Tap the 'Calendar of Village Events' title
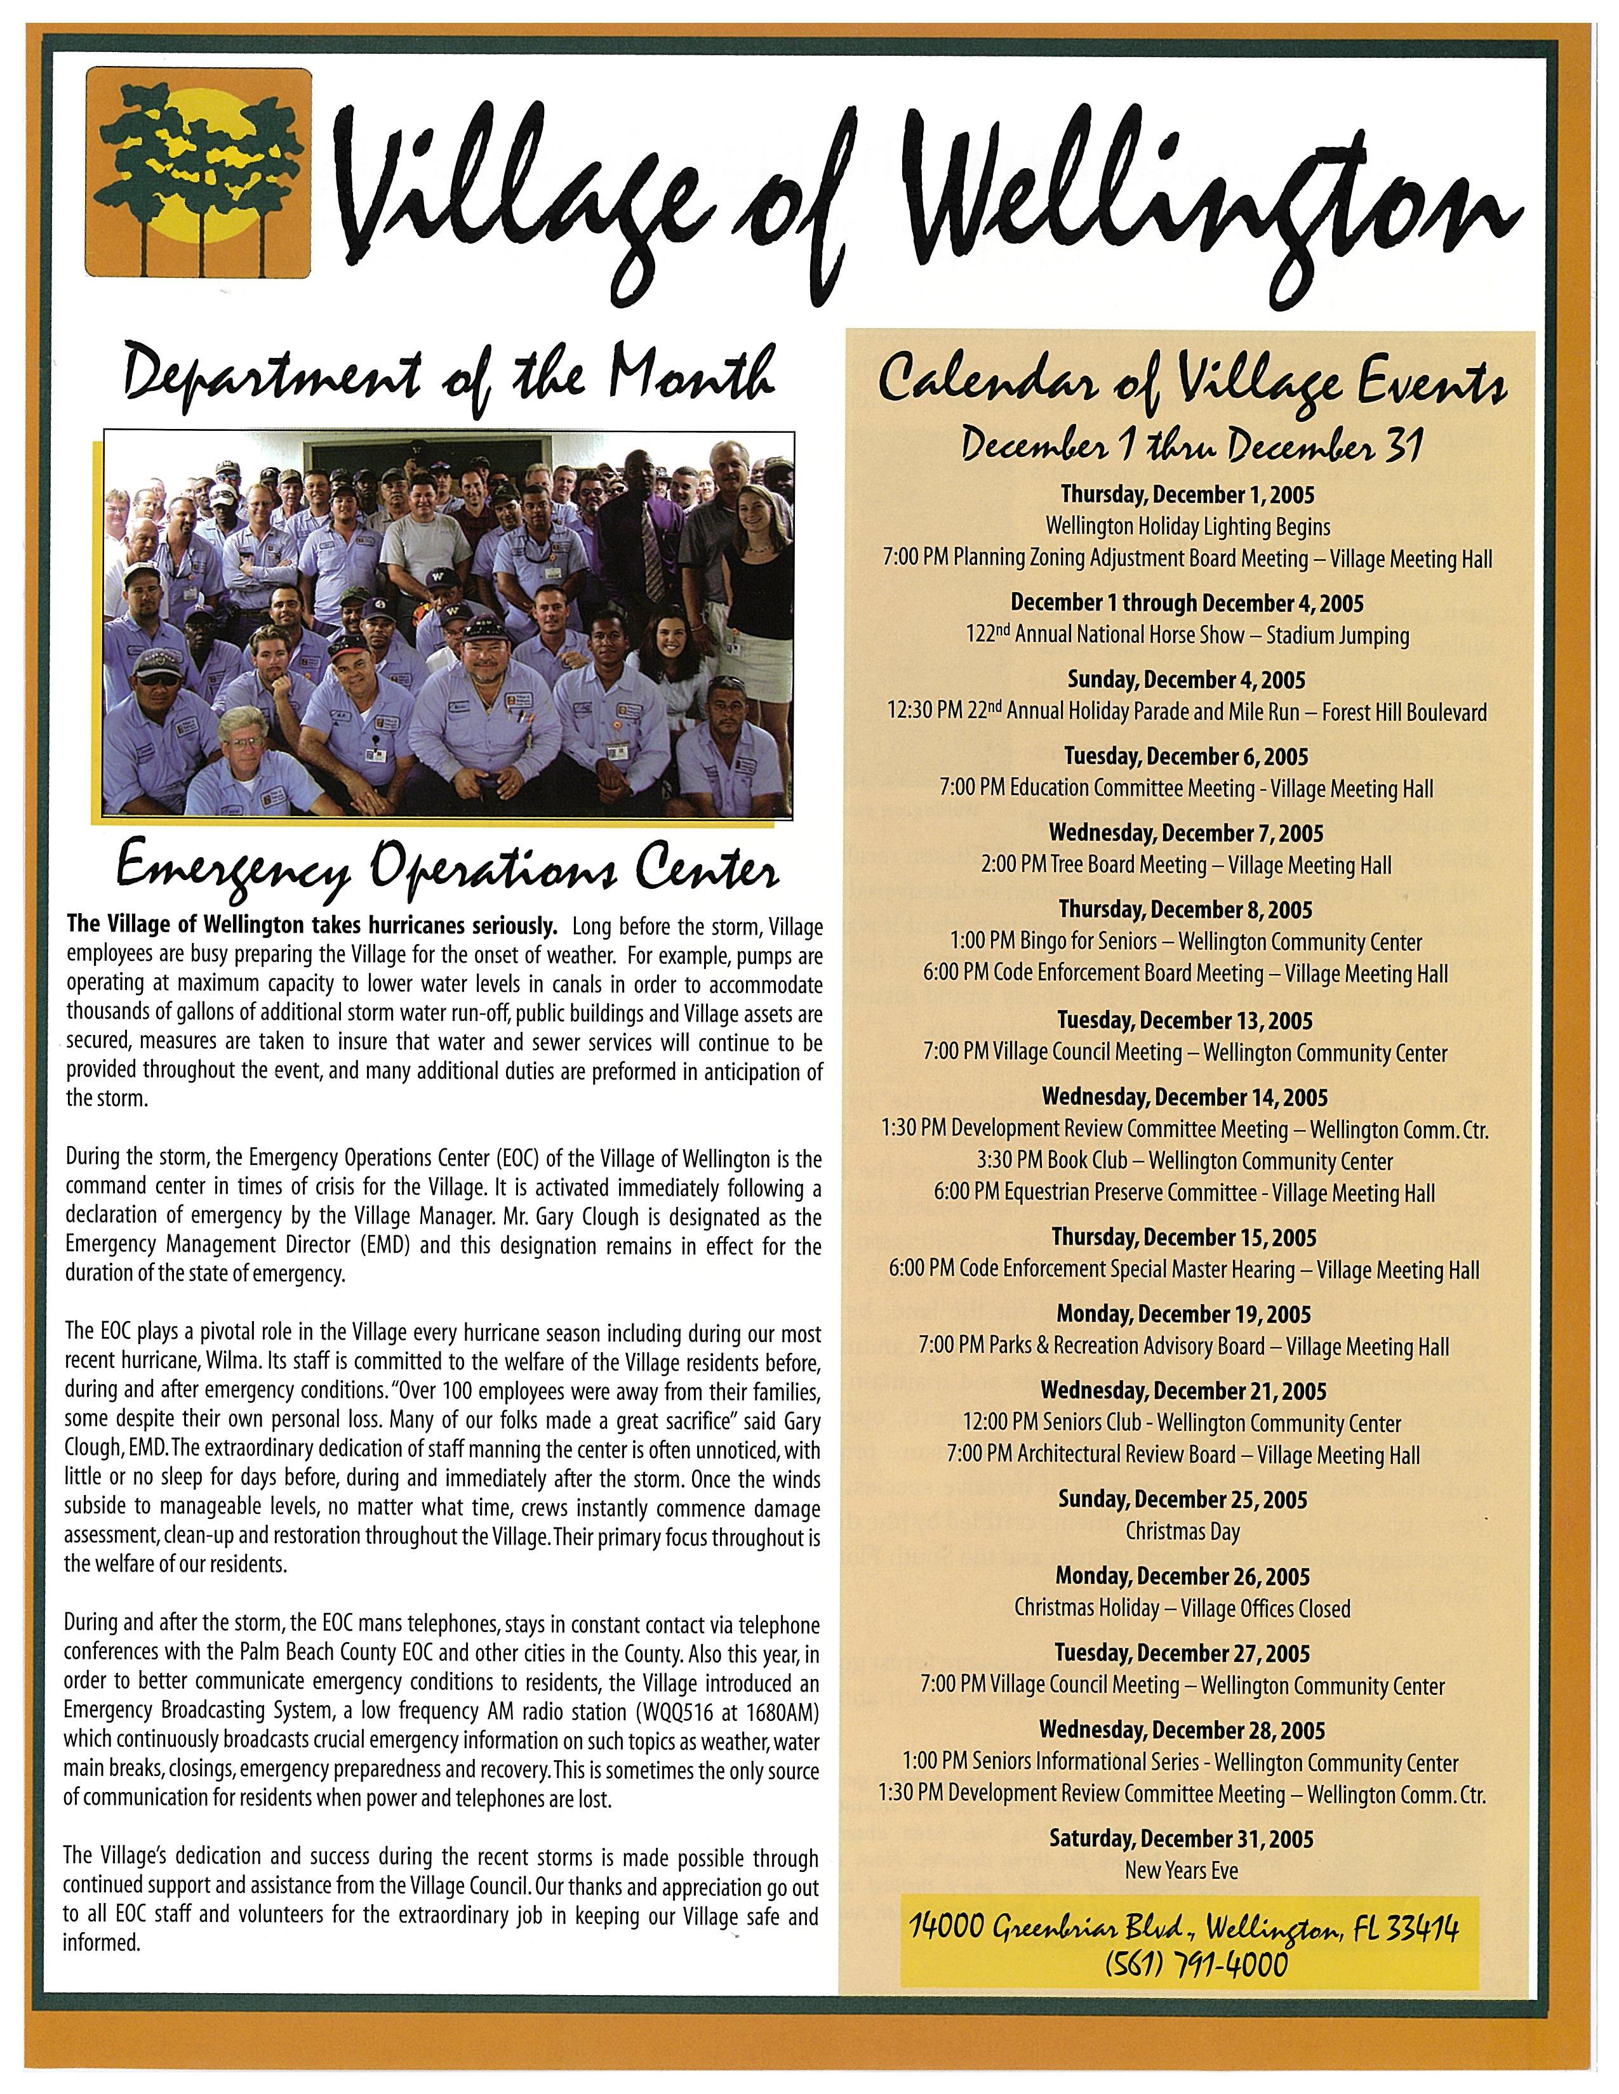(x=1192, y=383)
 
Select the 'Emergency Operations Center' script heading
(x=447, y=871)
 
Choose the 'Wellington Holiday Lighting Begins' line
(x=1187, y=527)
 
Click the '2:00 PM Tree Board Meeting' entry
(x=1185, y=865)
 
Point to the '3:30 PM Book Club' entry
(x=1185, y=1161)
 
